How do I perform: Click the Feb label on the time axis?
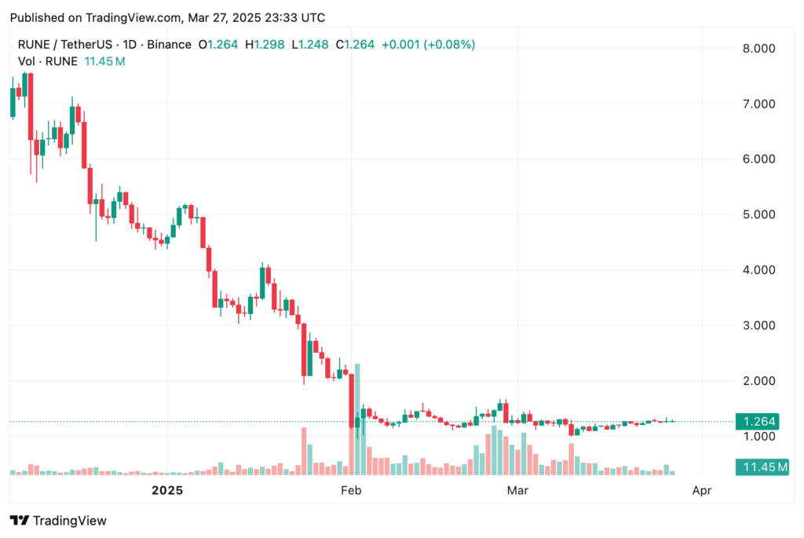click(x=350, y=491)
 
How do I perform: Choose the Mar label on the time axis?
click(x=517, y=491)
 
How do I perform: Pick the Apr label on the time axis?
click(x=701, y=491)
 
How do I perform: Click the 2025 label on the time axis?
click(x=166, y=491)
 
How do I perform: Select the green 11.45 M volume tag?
click(x=760, y=468)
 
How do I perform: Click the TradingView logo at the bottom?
click(x=58, y=520)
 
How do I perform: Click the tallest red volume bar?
click(x=304, y=452)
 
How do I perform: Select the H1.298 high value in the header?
click(x=264, y=44)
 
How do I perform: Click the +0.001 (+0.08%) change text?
click(x=428, y=44)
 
